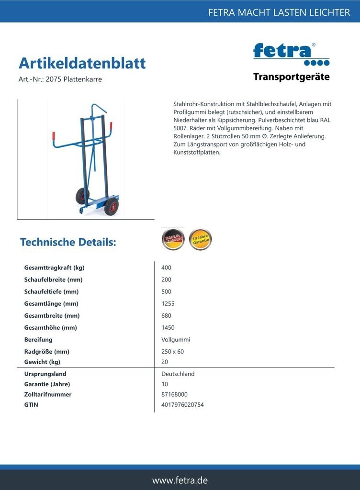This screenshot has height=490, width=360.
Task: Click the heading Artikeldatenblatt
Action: click(82, 63)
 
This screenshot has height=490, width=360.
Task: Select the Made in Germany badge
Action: click(173, 239)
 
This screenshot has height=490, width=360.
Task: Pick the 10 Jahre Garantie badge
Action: click(200, 239)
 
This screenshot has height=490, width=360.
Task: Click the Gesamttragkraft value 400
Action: click(166, 267)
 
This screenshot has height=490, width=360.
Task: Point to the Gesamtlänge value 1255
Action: click(168, 303)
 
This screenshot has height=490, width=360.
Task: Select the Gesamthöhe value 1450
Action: click(168, 327)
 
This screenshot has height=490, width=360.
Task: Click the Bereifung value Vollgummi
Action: click(176, 339)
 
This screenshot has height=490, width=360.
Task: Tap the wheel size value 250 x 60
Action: click(172, 351)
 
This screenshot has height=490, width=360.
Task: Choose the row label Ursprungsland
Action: click(45, 374)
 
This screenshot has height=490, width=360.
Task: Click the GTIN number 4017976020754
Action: click(182, 405)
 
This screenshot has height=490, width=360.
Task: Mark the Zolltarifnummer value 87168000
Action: click(174, 394)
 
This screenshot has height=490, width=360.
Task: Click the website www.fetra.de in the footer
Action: click(180, 480)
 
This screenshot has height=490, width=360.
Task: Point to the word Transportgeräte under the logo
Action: click(291, 77)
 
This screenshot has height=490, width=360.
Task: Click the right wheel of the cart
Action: click(111, 207)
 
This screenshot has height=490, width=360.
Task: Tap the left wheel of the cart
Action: click(82, 196)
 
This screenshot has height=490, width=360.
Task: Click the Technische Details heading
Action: click(68, 242)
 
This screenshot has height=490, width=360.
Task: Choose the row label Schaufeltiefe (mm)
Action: click(51, 291)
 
